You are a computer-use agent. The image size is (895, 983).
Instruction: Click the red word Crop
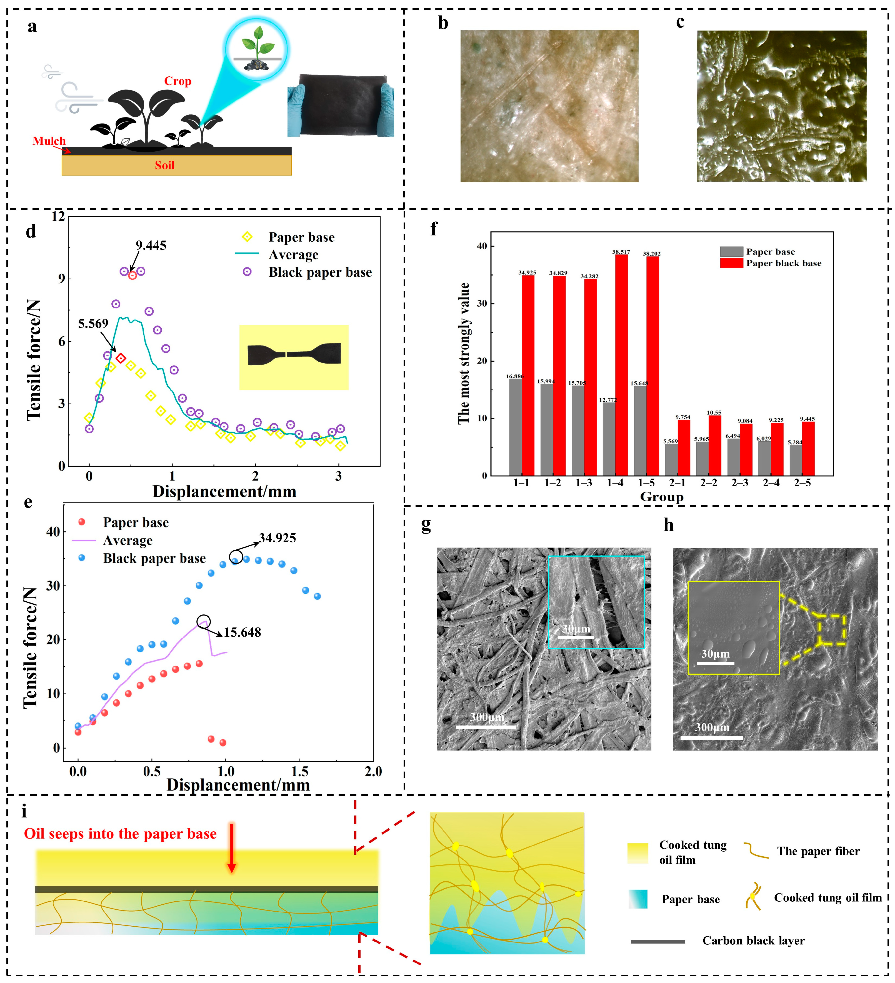[x=177, y=81]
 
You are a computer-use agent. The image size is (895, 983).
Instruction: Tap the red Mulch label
[x=49, y=141]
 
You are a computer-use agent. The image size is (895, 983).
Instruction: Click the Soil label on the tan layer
[x=164, y=165]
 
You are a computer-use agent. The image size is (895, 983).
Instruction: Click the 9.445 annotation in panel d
[x=151, y=245]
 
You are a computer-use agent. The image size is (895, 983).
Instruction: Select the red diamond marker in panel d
[x=121, y=358]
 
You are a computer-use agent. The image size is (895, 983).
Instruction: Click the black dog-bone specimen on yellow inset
[x=294, y=354]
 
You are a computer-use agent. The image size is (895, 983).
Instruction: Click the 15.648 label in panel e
[x=242, y=632]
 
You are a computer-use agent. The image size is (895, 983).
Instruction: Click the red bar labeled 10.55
[x=714, y=445]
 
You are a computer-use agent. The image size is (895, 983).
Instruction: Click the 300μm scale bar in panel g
[x=486, y=727]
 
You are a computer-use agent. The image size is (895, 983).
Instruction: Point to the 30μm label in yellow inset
[x=716, y=654]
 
